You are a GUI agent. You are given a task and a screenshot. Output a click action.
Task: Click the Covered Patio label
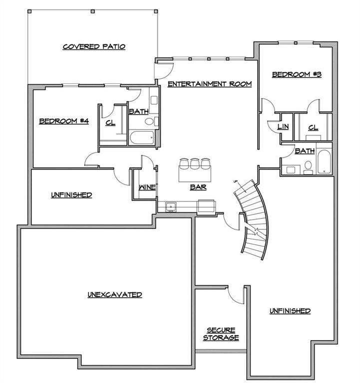[x=94, y=47]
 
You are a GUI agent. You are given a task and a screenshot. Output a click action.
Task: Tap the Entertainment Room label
[x=210, y=84]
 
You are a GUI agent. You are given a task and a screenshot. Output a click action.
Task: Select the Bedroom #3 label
[x=297, y=74]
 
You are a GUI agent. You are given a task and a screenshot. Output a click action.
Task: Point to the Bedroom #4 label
[x=64, y=121]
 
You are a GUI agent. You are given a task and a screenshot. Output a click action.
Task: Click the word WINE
[x=147, y=188]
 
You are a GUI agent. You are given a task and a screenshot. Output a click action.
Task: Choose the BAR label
[x=198, y=188]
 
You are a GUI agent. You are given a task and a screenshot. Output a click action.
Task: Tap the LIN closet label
[x=283, y=127]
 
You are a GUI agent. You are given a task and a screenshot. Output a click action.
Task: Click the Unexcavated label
[x=115, y=295]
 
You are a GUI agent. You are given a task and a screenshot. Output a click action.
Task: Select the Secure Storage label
[x=221, y=334]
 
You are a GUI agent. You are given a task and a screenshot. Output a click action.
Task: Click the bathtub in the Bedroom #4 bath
[x=142, y=138]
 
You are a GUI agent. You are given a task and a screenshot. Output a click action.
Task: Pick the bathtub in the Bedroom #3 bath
[x=324, y=162]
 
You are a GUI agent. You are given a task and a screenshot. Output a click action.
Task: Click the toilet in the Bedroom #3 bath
[x=308, y=168]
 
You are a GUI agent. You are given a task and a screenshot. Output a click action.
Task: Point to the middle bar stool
[x=195, y=164]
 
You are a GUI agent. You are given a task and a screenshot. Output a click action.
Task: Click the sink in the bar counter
[x=171, y=207]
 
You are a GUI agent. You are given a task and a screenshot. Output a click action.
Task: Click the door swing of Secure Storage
[x=236, y=295]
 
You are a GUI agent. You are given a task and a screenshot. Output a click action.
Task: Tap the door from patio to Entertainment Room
[x=164, y=71]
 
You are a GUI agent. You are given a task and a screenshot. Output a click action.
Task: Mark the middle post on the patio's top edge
[x=92, y=11]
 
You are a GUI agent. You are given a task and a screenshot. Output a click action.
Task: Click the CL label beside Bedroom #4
[x=110, y=123]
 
